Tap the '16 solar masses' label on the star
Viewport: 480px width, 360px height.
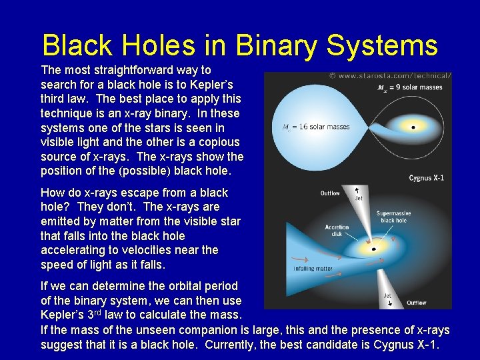[307, 127]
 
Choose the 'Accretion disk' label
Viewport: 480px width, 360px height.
[337, 230]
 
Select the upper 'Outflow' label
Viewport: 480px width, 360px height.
[330, 193]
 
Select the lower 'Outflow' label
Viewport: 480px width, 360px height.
[417, 303]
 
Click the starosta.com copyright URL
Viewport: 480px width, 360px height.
[390, 77]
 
